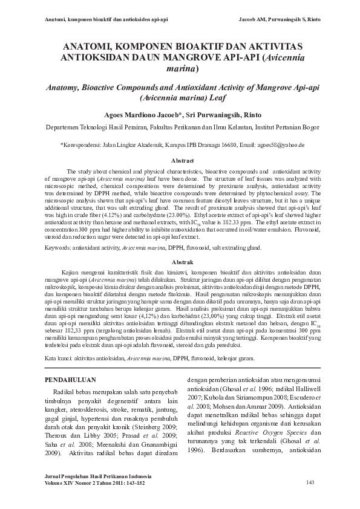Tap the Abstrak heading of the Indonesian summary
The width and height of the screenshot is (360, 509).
click(182, 264)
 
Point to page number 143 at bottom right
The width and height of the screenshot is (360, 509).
click(311, 482)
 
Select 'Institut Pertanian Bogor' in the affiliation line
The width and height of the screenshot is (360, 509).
click(286, 128)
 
